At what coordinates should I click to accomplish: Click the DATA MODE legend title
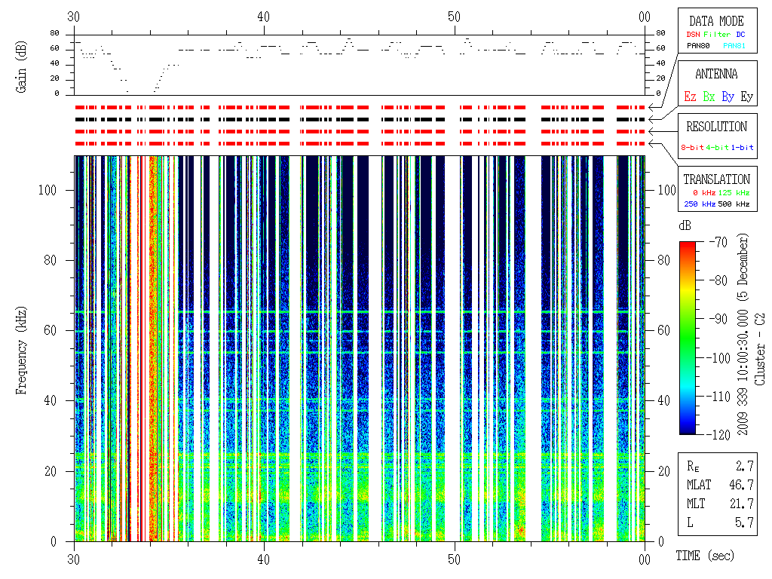pyautogui.click(x=716, y=21)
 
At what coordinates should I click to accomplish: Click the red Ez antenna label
pyautogui.click(x=689, y=96)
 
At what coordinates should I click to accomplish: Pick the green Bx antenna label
pyautogui.click(x=708, y=96)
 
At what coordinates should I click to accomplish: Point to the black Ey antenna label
pyautogui.click(x=746, y=96)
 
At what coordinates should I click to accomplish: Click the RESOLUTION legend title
pyautogui.click(x=716, y=127)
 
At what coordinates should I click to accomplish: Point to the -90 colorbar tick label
pyautogui.click(x=716, y=319)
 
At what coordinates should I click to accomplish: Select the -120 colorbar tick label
pyautogui.click(x=716, y=434)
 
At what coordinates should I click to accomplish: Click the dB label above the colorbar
pyautogui.click(x=685, y=226)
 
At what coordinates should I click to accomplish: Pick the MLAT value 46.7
pyautogui.click(x=743, y=484)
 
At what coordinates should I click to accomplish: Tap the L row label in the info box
pyautogui.click(x=690, y=522)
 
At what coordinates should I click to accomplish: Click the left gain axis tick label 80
pyautogui.click(x=55, y=33)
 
